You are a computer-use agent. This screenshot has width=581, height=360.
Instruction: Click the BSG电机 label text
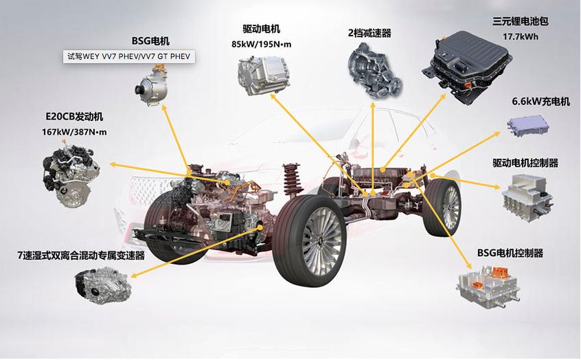coord(150,41)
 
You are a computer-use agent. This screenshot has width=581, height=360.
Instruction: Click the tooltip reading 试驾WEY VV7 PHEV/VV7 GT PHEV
coord(130,56)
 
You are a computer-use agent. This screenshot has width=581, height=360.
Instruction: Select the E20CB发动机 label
coord(75,116)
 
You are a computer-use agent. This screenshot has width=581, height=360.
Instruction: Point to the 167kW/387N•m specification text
coord(75,131)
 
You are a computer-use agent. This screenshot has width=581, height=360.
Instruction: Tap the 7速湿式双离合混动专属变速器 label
coord(81,255)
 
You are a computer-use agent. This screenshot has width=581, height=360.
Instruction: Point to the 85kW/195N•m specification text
coord(261,44)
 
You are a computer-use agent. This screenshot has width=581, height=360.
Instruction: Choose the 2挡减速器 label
coord(369,32)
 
